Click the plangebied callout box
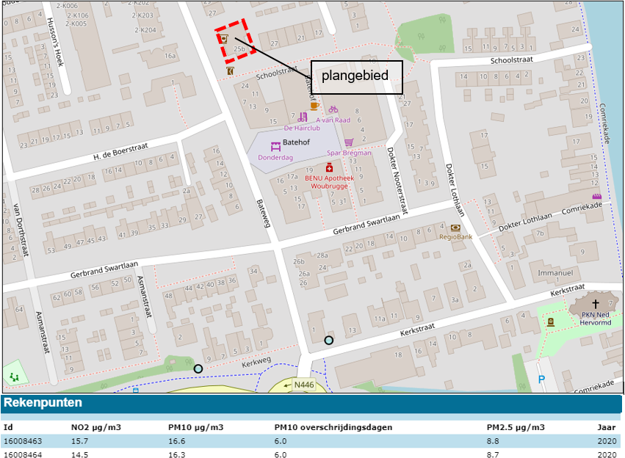point(357,76)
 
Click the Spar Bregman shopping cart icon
point(349,142)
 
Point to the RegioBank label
point(455,237)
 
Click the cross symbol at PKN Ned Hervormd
point(595,302)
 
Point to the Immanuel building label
point(554,273)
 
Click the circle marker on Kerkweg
point(198,368)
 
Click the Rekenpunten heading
point(43,403)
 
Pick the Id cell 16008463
point(23,441)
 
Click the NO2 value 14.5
point(80,454)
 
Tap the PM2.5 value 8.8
point(494,441)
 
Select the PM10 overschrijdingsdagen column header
point(333,427)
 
